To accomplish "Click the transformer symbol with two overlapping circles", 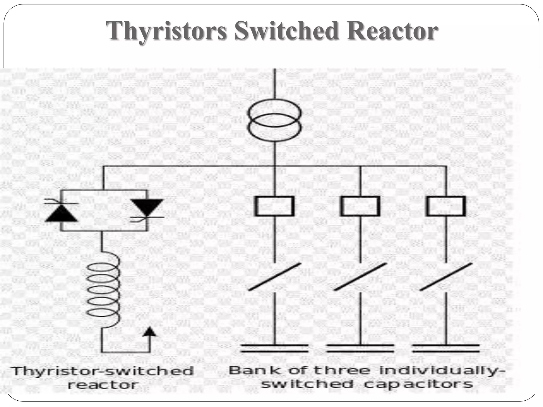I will (x=275, y=119).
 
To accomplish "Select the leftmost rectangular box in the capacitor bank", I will (x=275, y=206).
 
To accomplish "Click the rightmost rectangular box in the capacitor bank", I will (x=446, y=206).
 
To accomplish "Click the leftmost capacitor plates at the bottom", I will (x=275, y=348).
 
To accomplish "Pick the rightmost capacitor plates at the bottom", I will (x=446, y=348).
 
